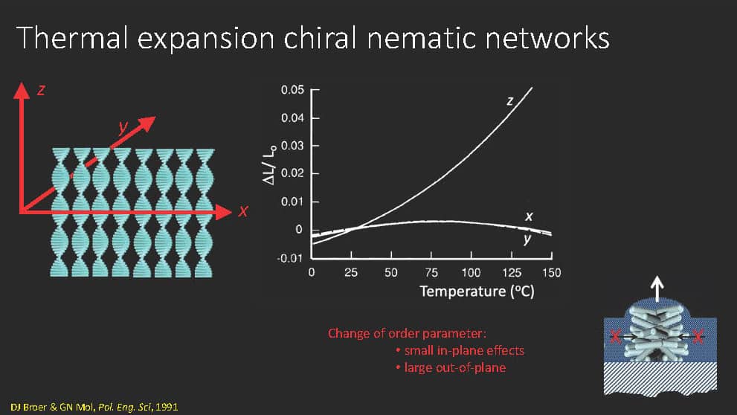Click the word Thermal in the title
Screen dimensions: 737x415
[72, 38]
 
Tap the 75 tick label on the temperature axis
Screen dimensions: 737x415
[431, 273]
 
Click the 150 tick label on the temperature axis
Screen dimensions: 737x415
[551, 273]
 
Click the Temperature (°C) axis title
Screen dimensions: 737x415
[477, 292]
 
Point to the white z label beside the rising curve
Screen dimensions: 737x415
[510, 100]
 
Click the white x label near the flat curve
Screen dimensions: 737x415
[529, 216]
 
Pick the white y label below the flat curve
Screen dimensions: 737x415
[527, 239]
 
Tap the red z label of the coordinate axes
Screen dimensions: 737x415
[42, 89]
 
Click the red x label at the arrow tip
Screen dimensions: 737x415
[242, 211]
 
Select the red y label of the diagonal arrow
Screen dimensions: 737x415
[123, 126]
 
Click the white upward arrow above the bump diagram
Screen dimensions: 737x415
[657, 289]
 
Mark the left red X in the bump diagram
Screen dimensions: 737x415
[615, 336]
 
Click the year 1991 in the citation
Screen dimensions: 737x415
[167, 407]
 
